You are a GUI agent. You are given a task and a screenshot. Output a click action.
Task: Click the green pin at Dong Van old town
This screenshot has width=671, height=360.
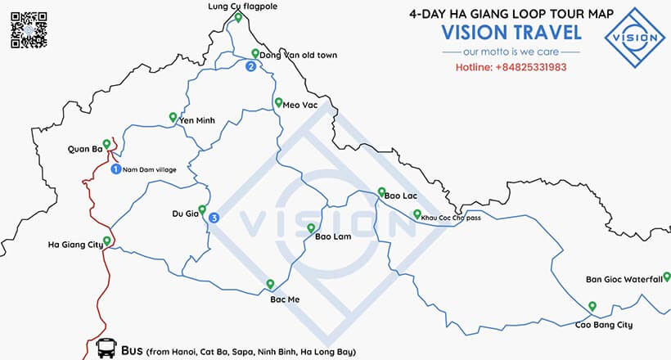click(255, 53)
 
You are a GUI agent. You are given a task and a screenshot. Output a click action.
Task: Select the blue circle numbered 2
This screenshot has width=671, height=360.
click(250, 67)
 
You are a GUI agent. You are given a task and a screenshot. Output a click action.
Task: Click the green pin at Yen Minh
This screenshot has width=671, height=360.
click(173, 116)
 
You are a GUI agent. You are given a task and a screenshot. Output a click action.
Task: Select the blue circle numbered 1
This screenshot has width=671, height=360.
click(115, 169)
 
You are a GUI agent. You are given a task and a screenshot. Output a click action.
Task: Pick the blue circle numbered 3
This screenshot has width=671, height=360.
click(214, 218)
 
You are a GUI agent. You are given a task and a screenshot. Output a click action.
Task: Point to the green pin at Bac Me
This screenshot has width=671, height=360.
click(270, 284)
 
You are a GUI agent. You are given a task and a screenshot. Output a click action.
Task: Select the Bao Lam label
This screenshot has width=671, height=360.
click(333, 237)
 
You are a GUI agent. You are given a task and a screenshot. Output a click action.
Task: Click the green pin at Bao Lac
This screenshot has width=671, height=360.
click(381, 192)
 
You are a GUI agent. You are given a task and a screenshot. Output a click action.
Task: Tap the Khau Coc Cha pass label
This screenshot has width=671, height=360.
click(453, 218)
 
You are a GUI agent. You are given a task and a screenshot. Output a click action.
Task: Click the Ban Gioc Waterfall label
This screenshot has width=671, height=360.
click(623, 280)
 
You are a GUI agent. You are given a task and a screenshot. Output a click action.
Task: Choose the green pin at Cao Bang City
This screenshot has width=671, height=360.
click(592, 306)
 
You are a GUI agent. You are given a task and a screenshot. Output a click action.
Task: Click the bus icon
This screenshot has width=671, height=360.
click(106, 350)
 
